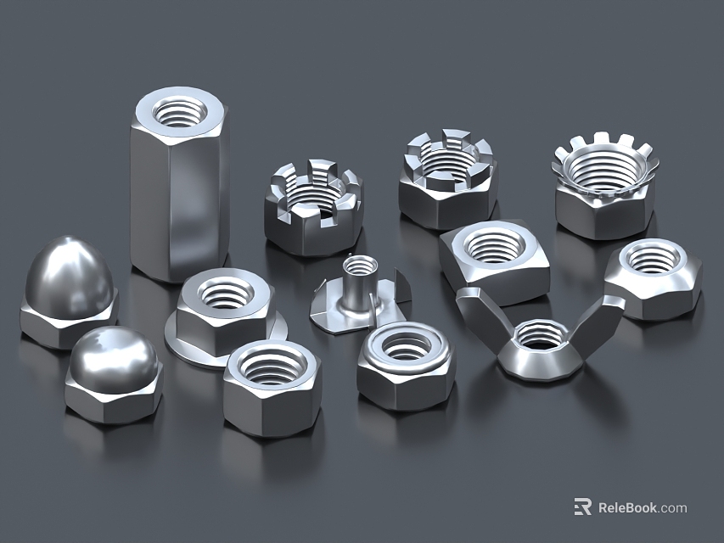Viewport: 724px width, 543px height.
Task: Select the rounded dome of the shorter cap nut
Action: click(113, 359)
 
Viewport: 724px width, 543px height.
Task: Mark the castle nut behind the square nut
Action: click(447, 178)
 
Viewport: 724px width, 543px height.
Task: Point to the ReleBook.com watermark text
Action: click(643, 508)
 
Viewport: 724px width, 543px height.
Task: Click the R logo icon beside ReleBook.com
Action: click(582, 507)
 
